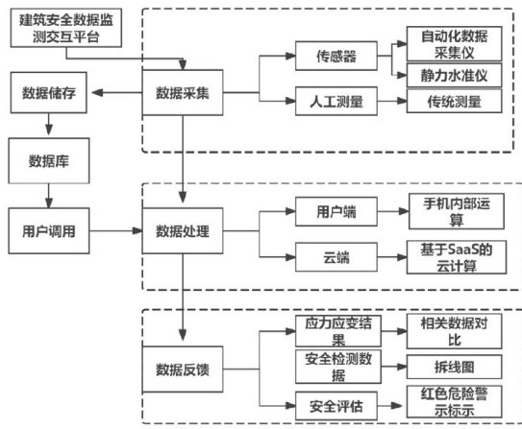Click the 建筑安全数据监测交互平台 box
click(x=66, y=28)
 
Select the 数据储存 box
click(x=49, y=93)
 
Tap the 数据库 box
click(x=49, y=161)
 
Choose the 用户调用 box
click(x=49, y=231)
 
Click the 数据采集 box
click(x=183, y=92)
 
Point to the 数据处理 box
click(x=183, y=231)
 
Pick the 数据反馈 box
click(x=183, y=369)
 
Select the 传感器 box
click(x=336, y=56)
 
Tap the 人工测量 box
click(x=336, y=102)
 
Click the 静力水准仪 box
click(x=454, y=76)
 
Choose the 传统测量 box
click(x=454, y=102)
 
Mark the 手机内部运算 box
click(x=457, y=211)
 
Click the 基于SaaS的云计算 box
click(x=457, y=257)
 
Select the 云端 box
click(x=336, y=257)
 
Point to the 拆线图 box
click(x=454, y=367)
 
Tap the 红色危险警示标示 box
click(x=454, y=402)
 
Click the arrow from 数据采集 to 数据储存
click(x=117, y=92)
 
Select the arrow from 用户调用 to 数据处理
click(x=116, y=230)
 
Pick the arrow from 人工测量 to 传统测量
click(x=392, y=101)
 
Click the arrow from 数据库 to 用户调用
click(x=49, y=196)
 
